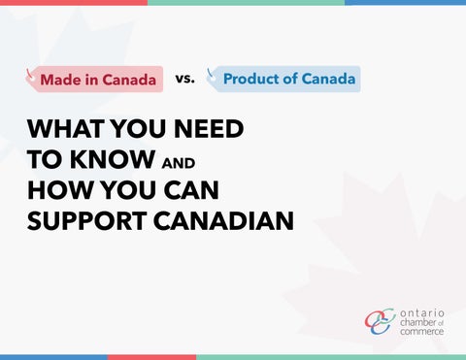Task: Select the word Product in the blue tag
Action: point(250,79)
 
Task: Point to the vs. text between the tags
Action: point(185,79)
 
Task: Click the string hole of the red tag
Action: point(32,78)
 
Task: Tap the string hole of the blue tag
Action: point(213,78)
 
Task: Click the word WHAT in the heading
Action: point(66,129)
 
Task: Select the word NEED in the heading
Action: point(209,129)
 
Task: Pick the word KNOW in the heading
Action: point(113,159)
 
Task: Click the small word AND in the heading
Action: point(179,163)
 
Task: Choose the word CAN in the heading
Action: point(191,190)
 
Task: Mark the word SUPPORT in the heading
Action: point(87,221)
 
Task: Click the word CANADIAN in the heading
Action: point(223,221)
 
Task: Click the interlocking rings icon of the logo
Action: point(381,321)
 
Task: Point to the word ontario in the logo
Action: point(422,313)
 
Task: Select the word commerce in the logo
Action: point(421,332)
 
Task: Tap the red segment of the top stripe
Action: point(74,2)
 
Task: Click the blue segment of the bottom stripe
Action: point(53,357)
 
